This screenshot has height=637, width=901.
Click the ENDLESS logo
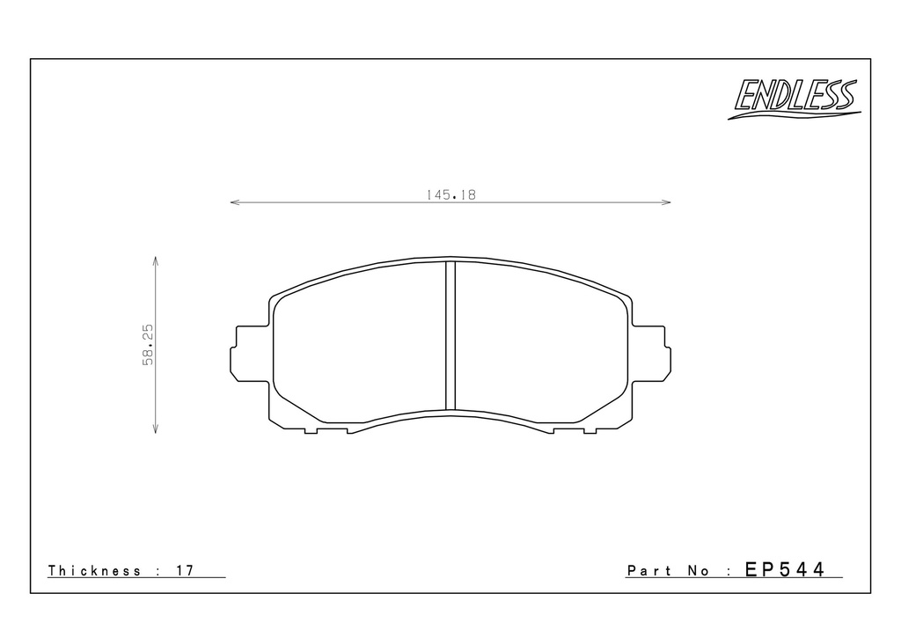pyautogui.click(x=795, y=99)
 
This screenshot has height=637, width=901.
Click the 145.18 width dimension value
pyautogui.click(x=451, y=195)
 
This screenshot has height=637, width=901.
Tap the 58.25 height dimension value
pyautogui.click(x=148, y=345)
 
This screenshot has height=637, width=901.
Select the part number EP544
pyautogui.click(x=785, y=569)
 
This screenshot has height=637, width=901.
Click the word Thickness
pyautogui.click(x=94, y=570)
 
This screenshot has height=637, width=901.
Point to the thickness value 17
pyautogui.click(x=185, y=570)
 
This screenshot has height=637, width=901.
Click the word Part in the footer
pyautogui.click(x=649, y=570)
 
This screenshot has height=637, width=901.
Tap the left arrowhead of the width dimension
pyautogui.click(x=234, y=202)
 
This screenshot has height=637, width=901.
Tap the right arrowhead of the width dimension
pyautogui.click(x=666, y=202)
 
